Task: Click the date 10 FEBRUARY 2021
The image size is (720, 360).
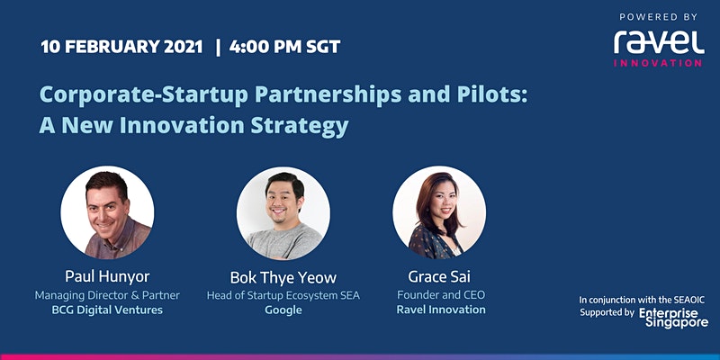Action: [121, 47]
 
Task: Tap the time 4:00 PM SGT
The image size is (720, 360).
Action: [284, 47]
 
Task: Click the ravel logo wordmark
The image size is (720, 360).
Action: [659, 42]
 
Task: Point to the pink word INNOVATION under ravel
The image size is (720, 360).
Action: [658, 63]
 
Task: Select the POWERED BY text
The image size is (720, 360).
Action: [659, 17]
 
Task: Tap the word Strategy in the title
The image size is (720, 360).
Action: [300, 125]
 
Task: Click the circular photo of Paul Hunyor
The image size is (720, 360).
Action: [107, 212]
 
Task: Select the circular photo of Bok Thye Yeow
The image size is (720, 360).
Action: [283, 213]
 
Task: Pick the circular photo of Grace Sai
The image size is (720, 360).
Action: [439, 212]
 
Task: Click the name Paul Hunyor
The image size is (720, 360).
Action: [107, 276]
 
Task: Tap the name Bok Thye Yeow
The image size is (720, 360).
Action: [283, 277]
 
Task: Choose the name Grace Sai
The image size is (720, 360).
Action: [439, 276]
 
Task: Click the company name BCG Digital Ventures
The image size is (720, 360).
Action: [107, 310]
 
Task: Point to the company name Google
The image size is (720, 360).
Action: [283, 310]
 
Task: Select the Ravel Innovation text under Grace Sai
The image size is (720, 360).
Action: [441, 310]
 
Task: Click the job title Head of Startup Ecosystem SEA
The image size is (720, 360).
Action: [283, 295]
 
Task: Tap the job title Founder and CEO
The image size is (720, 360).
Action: [441, 294]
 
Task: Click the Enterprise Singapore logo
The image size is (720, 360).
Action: [673, 318]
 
